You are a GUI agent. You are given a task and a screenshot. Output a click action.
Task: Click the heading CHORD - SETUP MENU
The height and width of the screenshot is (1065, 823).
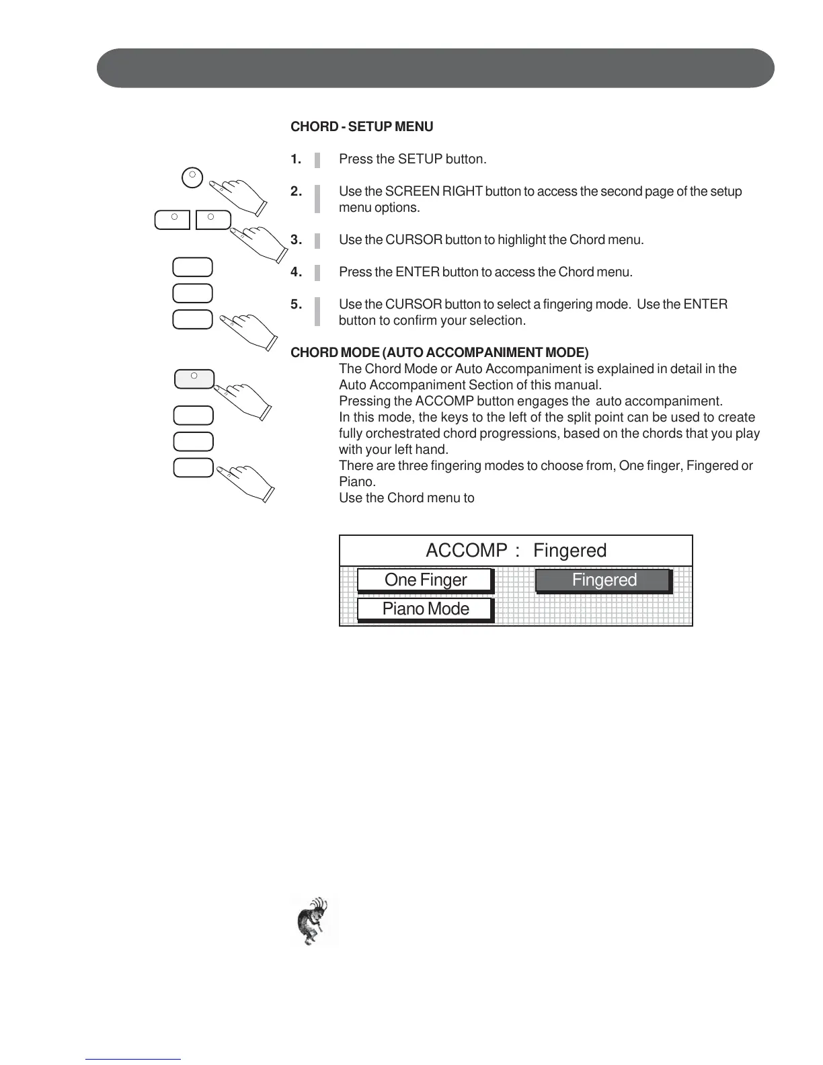(x=362, y=126)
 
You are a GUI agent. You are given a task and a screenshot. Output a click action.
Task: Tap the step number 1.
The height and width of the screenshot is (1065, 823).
(x=296, y=159)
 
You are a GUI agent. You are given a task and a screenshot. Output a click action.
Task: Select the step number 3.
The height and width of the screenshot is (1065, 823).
(x=296, y=240)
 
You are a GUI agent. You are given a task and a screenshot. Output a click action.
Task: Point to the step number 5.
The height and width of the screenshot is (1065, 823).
(x=296, y=305)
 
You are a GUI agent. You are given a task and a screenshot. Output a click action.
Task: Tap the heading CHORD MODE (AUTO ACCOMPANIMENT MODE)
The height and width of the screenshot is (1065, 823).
(x=439, y=352)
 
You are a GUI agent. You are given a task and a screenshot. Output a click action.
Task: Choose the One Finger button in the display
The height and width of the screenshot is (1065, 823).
(x=425, y=580)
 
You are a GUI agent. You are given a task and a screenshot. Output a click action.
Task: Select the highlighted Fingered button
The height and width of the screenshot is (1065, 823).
(x=603, y=580)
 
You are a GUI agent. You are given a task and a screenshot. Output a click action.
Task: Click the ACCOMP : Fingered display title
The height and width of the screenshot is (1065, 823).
(x=516, y=551)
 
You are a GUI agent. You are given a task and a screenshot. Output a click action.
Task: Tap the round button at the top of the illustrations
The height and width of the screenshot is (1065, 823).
(x=192, y=177)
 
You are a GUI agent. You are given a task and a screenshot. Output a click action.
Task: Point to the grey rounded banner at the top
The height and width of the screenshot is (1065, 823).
(x=435, y=68)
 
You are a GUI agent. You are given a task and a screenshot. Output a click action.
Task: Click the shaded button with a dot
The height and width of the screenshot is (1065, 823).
(x=194, y=379)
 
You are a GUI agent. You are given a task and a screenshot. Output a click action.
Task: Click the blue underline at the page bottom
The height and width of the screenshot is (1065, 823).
(x=133, y=1059)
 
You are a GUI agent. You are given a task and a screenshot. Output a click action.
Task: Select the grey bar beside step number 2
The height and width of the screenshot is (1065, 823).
(x=317, y=200)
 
